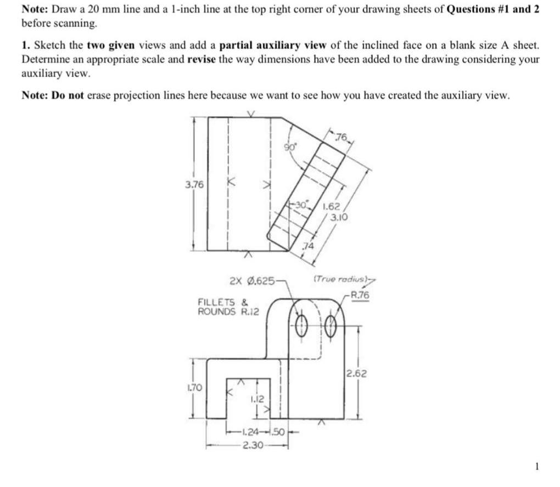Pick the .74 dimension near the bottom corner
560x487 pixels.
[x=309, y=246]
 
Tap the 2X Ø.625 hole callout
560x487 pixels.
[x=251, y=281]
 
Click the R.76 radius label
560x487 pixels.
[x=360, y=296]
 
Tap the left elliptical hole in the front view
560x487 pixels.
[x=301, y=327]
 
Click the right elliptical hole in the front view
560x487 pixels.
[x=330, y=327]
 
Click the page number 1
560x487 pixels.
[x=536, y=466]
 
